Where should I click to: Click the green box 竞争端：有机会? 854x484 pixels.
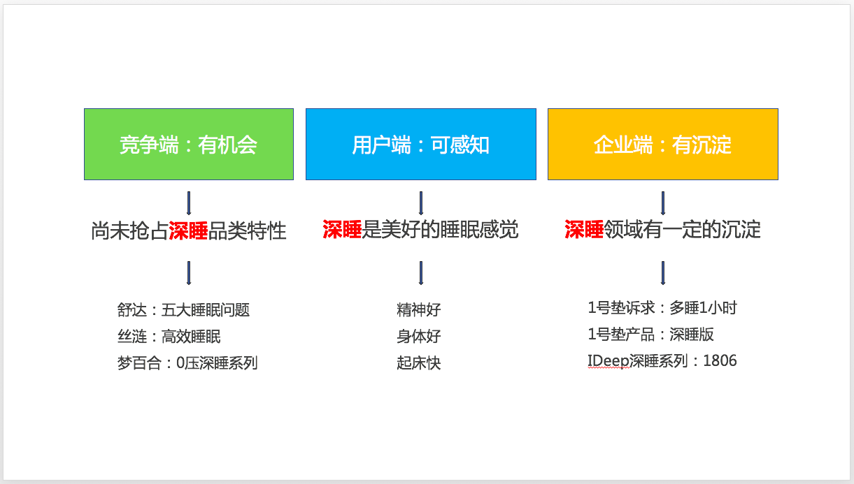189,144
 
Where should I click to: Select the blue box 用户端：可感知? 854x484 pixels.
421,144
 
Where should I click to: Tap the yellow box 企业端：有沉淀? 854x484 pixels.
663,144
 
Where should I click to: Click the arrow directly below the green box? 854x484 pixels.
189,203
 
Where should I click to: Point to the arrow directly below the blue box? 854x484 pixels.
421,203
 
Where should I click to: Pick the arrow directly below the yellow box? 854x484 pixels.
663,203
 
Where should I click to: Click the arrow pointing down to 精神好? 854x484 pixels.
421,273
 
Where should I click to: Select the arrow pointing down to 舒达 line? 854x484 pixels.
189,273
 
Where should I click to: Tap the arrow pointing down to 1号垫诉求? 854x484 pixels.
663,273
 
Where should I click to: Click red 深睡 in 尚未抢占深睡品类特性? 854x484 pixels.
188,230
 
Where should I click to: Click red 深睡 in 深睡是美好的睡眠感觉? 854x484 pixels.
342,229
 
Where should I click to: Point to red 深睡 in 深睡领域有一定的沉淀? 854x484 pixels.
584,229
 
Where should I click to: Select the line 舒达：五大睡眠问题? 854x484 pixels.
183,310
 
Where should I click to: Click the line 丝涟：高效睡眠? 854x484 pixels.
169,337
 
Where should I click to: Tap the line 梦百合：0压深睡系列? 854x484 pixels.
187,363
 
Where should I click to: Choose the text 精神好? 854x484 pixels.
419,310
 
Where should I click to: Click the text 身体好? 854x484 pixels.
419,337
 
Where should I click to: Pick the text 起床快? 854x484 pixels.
419,363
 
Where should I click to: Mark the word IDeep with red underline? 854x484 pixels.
608,361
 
